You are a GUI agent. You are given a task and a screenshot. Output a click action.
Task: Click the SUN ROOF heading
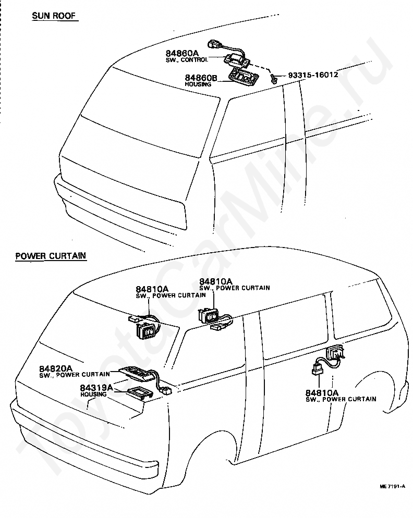click(54, 16)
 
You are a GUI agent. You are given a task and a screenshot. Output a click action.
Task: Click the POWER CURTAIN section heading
click(51, 256)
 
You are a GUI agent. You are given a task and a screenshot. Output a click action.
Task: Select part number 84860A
click(182, 53)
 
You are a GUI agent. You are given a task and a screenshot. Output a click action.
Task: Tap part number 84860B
click(200, 78)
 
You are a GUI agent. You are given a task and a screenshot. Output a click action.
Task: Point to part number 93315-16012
click(313, 75)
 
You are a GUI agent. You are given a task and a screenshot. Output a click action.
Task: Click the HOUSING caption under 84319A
click(94, 394)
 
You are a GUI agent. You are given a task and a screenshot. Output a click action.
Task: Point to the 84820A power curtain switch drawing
click(137, 372)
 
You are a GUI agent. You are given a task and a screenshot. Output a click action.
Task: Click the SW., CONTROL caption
click(187, 60)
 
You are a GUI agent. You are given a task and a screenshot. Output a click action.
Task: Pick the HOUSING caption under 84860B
click(198, 84)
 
